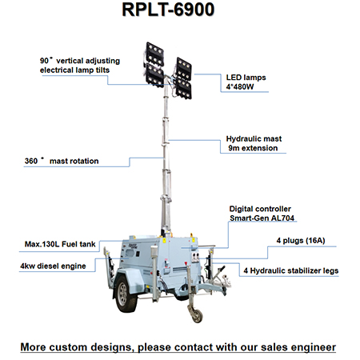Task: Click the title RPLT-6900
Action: pyautogui.click(x=168, y=10)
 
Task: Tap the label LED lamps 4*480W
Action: pyautogui.click(x=246, y=82)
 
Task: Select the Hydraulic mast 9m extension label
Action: pyautogui.click(x=254, y=143)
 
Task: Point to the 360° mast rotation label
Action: pyautogui.click(x=62, y=161)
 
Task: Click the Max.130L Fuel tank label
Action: pyautogui.click(x=60, y=244)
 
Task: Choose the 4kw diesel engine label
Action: pyautogui.click(x=53, y=266)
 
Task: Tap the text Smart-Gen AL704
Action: pyautogui.click(x=262, y=218)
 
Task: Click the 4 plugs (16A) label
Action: pyautogui.click(x=301, y=241)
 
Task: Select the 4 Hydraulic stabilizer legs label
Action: pyautogui.click(x=291, y=270)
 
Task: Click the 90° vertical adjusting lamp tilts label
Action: pyautogui.click(x=80, y=65)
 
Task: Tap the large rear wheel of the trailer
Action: pyautogui.click(x=125, y=294)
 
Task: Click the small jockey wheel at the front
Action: pyautogui.click(x=197, y=315)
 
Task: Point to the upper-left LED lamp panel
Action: pyautogui.click(x=154, y=54)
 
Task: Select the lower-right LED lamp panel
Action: pyautogui.click(x=184, y=89)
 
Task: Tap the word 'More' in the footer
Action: pyautogui.click(x=34, y=347)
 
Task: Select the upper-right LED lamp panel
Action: pyautogui.click(x=184, y=69)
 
